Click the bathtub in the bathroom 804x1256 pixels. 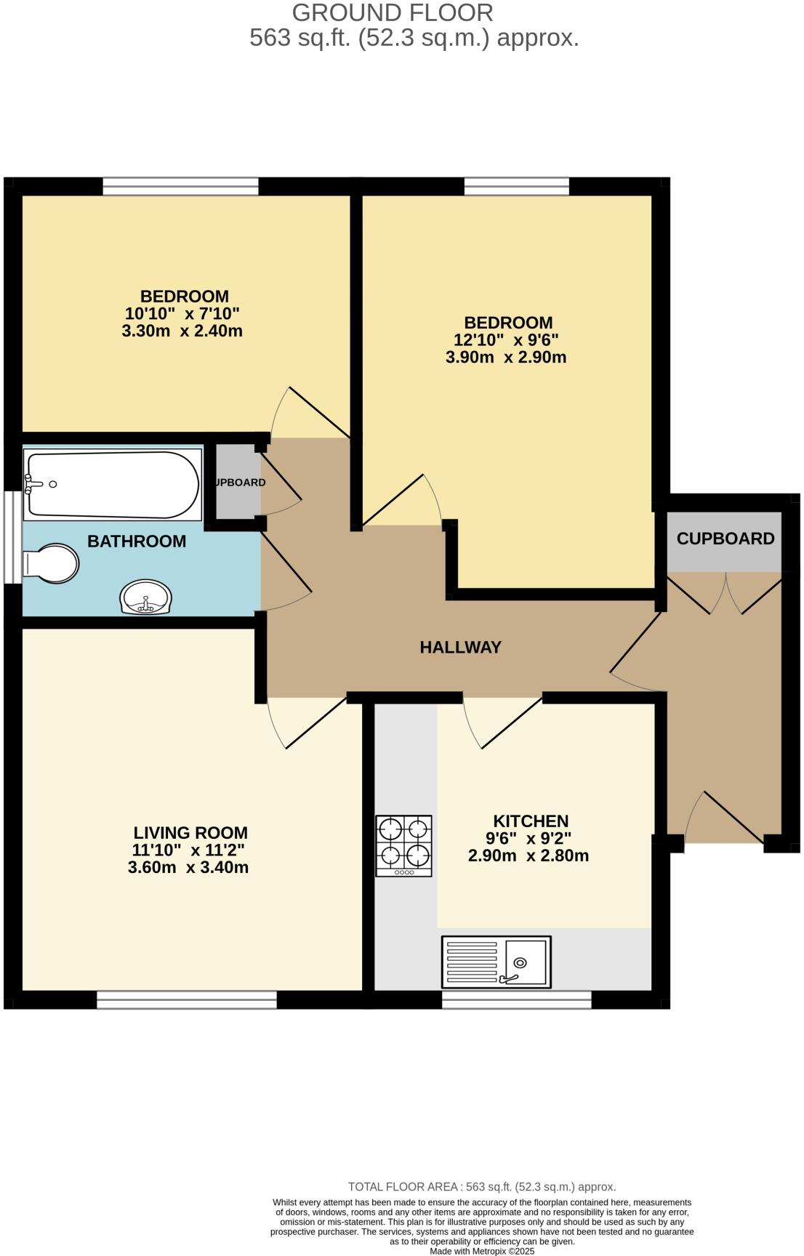coord(113,485)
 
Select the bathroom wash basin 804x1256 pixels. coord(146,597)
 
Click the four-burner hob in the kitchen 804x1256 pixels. coord(403,845)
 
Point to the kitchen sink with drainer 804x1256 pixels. coord(497,962)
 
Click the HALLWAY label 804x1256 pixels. coord(460,647)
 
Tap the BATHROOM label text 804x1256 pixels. coord(137,542)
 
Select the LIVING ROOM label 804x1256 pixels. coord(190,833)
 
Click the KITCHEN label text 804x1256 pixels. coord(531,821)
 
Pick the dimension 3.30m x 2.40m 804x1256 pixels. coord(182,331)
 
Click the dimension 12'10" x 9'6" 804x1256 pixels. coord(506,340)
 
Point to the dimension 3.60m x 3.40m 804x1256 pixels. coord(188,867)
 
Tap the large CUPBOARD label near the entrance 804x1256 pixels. coord(725,539)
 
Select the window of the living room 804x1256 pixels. coord(187,1000)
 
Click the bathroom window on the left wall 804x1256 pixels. coord(12,538)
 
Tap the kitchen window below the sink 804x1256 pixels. coord(516,1000)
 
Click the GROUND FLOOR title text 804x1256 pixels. coord(393,12)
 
